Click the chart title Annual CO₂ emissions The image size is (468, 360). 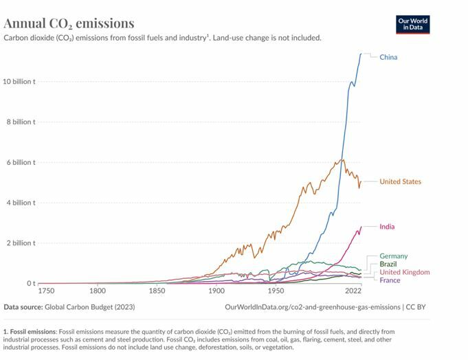click(x=69, y=24)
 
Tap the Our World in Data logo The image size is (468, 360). click(x=412, y=24)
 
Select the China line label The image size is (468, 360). click(x=388, y=57)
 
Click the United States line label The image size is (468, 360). click(x=400, y=181)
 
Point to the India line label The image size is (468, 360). click(x=387, y=227)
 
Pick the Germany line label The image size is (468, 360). click(x=393, y=256)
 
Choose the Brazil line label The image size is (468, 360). click(x=388, y=264)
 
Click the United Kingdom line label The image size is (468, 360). click(x=404, y=272)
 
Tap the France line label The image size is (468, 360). click(x=390, y=280)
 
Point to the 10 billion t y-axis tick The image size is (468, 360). click(x=19, y=82)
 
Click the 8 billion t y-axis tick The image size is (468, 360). click(x=21, y=122)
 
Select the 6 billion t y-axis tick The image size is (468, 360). click(x=21, y=162)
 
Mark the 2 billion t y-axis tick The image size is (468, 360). click(x=21, y=243)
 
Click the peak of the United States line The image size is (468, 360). click(x=342, y=160)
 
